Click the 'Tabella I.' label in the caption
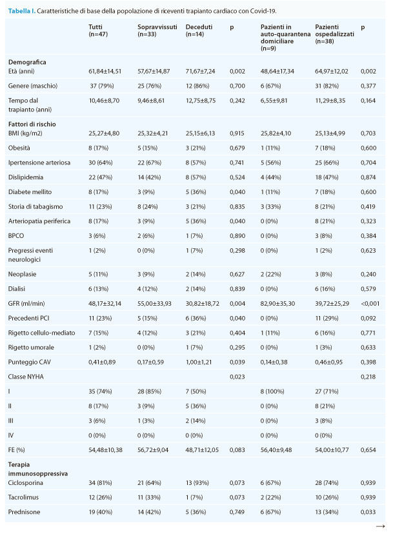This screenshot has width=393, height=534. (21, 11)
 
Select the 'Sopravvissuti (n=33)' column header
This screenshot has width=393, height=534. (157, 30)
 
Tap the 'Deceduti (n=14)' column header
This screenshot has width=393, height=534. (199, 30)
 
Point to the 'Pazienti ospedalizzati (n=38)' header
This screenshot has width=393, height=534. (334, 34)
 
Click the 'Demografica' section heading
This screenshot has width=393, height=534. (27, 62)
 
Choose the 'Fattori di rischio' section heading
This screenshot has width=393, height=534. (32, 124)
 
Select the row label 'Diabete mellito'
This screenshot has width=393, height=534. (30, 192)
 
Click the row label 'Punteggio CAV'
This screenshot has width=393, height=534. (29, 362)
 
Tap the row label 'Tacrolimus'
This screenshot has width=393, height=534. (23, 497)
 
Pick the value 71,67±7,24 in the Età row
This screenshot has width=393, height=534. (201, 71)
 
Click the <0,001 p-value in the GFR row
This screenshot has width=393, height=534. (370, 304)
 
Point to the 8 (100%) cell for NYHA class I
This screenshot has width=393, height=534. (272, 391)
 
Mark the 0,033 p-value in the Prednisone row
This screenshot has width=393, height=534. (368, 512)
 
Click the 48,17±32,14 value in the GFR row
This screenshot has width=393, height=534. (105, 304)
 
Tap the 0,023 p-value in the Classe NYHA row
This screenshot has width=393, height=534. (237, 377)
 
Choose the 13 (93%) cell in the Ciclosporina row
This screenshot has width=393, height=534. (196, 482)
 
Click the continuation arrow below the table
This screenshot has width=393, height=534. (380, 526)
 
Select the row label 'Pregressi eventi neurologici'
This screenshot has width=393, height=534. (30, 255)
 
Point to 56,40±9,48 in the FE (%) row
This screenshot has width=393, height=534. (276, 450)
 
